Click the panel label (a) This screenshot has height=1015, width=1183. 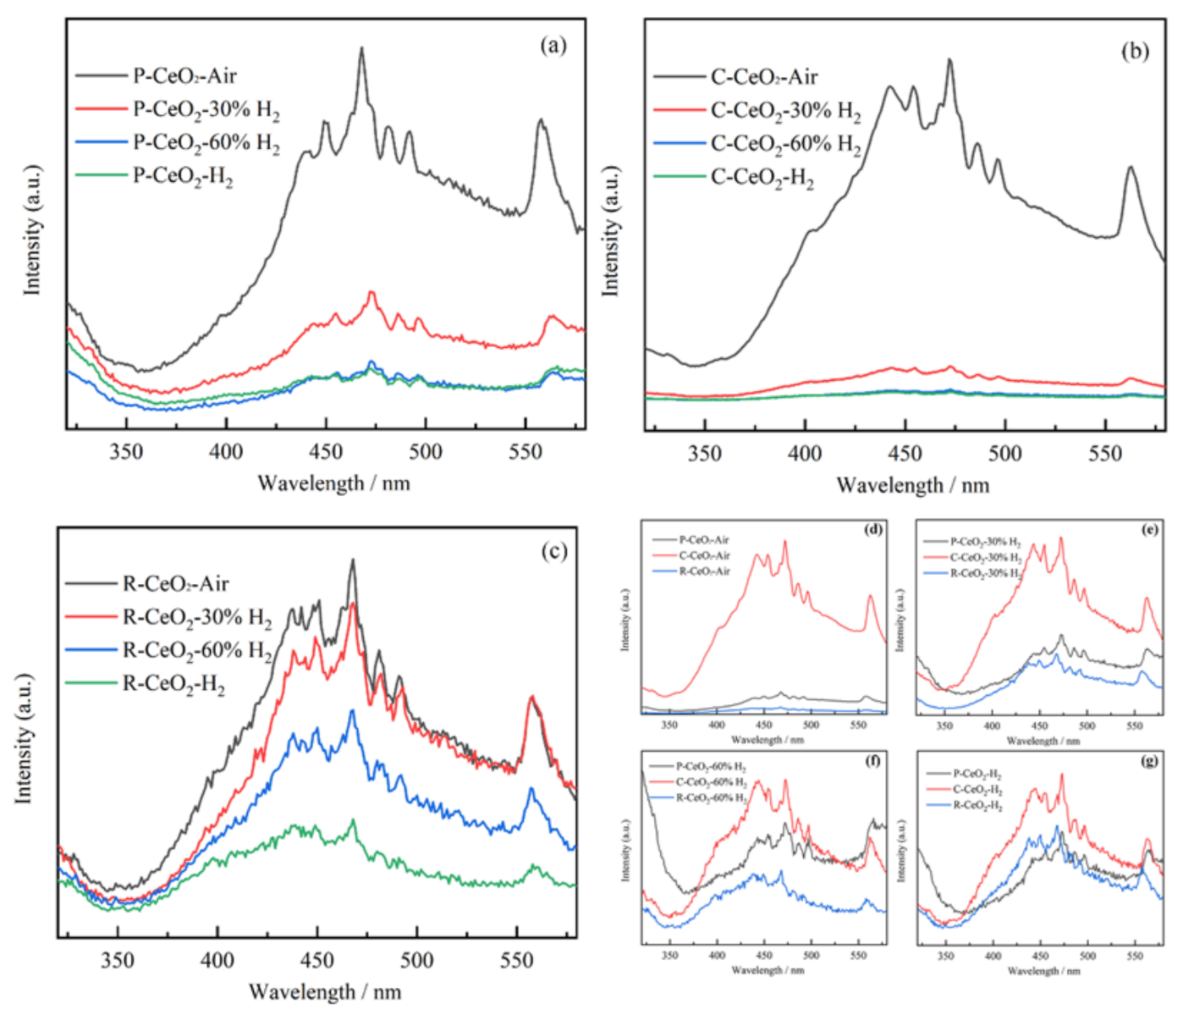click(x=554, y=45)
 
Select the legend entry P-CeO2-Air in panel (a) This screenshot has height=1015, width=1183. click(x=184, y=76)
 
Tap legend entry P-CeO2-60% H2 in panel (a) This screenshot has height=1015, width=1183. click(x=206, y=142)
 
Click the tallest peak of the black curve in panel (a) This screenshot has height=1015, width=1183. click(x=362, y=49)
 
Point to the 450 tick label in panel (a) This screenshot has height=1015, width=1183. click(x=326, y=452)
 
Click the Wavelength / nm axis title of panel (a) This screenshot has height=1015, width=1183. click(x=333, y=483)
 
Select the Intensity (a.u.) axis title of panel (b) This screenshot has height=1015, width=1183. click(x=610, y=231)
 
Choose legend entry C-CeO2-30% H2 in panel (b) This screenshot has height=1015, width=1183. click(x=785, y=111)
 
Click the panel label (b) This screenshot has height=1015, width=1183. click(x=1135, y=51)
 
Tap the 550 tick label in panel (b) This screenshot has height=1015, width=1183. click(x=1105, y=455)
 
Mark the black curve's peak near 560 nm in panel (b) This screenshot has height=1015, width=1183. click(x=1130, y=168)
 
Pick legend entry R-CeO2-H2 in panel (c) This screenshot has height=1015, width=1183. click(x=173, y=684)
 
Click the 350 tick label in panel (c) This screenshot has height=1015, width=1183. click(x=118, y=960)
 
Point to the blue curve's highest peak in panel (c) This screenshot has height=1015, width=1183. click(x=353, y=711)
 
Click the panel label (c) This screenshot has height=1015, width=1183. click(x=554, y=552)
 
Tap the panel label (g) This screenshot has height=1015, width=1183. click(x=1149, y=761)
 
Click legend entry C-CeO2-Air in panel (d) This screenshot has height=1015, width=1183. click(x=704, y=555)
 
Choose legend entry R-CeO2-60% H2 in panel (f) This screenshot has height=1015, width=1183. click(x=711, y=798)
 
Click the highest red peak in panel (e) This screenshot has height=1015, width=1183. click(x=1060, y=538)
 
